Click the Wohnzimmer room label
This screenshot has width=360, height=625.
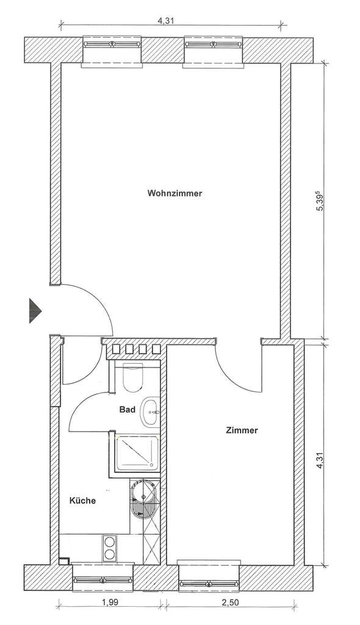pos(175,193)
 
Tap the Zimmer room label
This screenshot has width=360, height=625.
pos(242,430)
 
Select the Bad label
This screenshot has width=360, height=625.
pos(127,410)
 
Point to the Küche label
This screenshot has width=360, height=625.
pos(82,500)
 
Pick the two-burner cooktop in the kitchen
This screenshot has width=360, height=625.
pos(109,547)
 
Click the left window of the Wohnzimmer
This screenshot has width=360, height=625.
pos(112,46)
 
